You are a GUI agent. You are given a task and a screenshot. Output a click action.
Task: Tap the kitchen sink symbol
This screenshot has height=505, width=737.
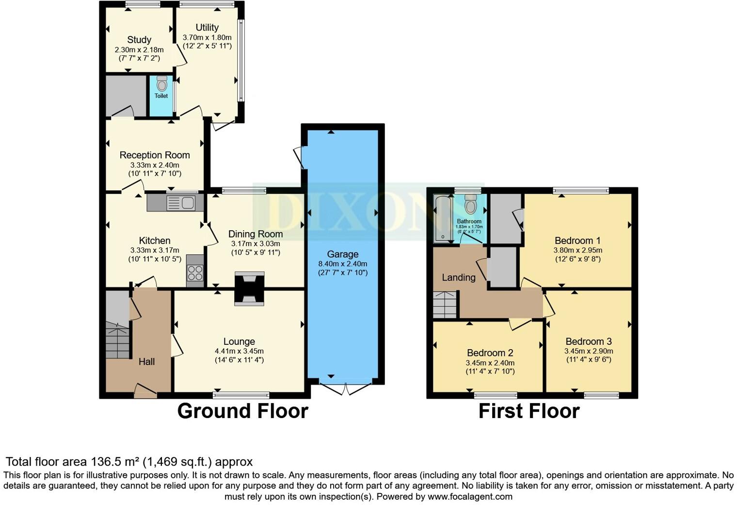tap(180, 203)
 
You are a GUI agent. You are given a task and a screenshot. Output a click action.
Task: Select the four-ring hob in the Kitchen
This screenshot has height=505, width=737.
tap(195, 273)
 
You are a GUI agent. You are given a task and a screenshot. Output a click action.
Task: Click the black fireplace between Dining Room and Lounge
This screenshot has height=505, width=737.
tap(249, 288)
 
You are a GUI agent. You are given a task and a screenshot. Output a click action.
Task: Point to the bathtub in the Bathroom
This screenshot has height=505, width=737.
tap(442, 218)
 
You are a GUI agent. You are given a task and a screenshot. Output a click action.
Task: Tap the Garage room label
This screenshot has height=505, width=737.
tap(342, 254)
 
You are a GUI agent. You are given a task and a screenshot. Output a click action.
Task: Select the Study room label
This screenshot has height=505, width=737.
tap(139, 40)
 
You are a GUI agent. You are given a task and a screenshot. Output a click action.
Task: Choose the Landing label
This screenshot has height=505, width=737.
tap(458, 277)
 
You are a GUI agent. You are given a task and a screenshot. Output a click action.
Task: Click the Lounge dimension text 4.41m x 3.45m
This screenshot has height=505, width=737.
tap(239, 351)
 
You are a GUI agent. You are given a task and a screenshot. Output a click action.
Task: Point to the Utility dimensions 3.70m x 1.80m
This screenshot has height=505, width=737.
tap(207, 37)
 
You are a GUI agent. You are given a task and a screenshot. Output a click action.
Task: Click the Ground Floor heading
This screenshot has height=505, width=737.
tap(242, 411)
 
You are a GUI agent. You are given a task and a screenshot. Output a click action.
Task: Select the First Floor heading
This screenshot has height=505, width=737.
tap(529, 411)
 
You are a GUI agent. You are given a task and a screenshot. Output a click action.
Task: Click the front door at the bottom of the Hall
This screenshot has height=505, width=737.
tap(145, 390)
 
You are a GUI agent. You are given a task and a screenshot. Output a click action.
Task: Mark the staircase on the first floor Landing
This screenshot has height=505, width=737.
tap(445, 304)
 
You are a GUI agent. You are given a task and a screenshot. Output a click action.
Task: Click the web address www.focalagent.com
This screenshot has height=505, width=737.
tap(470, 496)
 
